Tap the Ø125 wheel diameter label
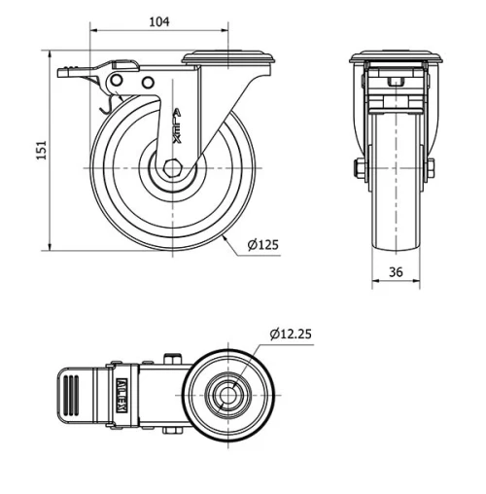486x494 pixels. pos(262,244)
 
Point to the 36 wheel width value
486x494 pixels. pos(396,273)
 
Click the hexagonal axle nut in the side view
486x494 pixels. pos(173,167)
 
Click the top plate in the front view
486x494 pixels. pos(397,56)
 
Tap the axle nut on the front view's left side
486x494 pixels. pos(360,169)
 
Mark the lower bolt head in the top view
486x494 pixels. pos(174,435)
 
